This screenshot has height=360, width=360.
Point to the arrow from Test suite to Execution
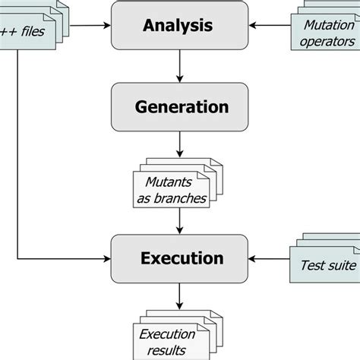click(x=270, y=259)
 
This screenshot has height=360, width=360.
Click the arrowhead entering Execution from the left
click(x=107, y=259)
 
